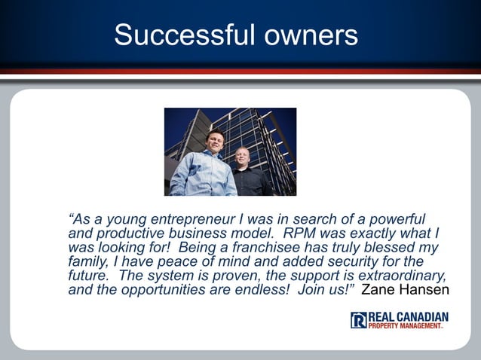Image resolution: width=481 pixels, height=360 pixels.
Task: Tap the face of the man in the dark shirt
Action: [242, 157]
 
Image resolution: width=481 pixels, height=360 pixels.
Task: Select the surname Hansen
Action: [425, 290]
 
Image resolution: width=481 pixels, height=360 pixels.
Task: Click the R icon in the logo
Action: [358, 320]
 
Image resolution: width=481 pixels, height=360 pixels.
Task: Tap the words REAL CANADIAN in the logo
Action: [408, 316]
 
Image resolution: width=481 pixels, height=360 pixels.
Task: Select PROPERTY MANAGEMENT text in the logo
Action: [406, 325]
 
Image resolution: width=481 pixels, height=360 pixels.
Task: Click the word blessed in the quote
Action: [396, 247]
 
